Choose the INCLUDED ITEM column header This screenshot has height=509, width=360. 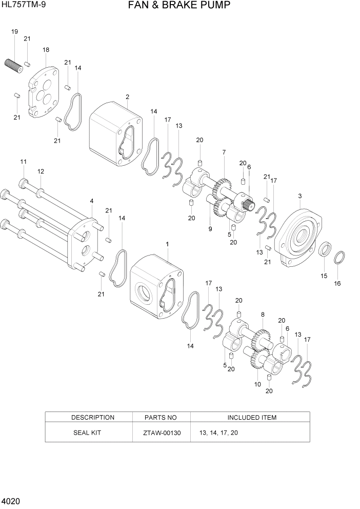(x=251, y=418)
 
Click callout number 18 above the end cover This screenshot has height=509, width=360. (x=46, y=50)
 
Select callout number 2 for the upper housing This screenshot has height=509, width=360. (x=127, y=96)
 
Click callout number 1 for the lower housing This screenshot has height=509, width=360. (x=167, y=244)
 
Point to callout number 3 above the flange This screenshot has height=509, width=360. (x=299, y=195)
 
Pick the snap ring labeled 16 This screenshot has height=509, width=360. (x=339, y=258)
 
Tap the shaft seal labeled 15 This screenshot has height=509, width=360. (x=325, y=251)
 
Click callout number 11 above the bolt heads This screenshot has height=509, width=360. (x=23, y=162)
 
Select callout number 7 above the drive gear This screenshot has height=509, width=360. (x=224, y=152)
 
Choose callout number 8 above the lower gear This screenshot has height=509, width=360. (x=263, y=315)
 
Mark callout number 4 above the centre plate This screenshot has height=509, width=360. (x=91, y=201)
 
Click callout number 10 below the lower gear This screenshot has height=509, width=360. (x=257, y=384)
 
